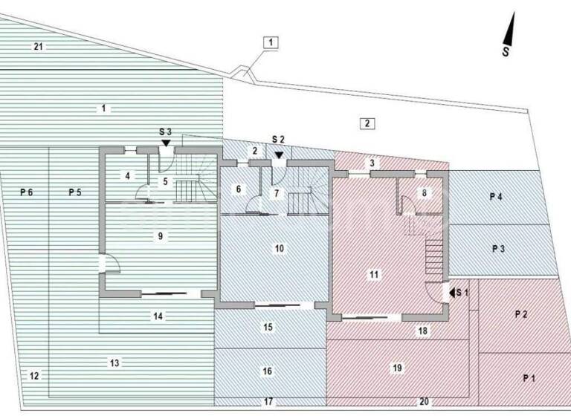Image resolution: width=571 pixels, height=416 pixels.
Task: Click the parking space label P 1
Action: [x=529, y=378]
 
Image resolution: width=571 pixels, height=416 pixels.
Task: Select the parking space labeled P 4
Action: [x=496, y=196]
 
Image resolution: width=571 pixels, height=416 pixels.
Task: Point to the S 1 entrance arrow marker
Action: [x=448, y=292]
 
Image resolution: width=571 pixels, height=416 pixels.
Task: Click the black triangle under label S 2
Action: [x=279, y=155]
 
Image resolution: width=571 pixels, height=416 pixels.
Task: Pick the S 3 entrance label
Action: [x=166, y=131]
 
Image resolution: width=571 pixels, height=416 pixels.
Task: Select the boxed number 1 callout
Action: [x=271, y=42]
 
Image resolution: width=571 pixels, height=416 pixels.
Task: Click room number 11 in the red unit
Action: [x=374, y=274]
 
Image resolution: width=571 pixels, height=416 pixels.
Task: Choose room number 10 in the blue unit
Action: [x=280, y=248]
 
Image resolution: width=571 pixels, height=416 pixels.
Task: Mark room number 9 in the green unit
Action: [x=160, y=235]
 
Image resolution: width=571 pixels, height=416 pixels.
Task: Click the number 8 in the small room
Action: [x=424, y=192]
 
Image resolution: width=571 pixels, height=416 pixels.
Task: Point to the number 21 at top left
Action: [x=39, y=47]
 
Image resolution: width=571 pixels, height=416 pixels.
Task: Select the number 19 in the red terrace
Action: [x=397, y=368]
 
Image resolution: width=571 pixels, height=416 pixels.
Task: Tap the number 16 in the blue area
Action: [x=268, y=371]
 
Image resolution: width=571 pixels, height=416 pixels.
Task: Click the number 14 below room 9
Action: [x=158, y=316]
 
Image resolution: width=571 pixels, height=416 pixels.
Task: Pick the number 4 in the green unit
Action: [x=128, y=176]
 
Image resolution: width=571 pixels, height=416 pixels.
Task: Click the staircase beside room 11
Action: [x=433, y=256]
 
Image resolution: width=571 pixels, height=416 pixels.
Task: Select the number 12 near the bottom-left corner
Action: [x=34, y=376]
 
